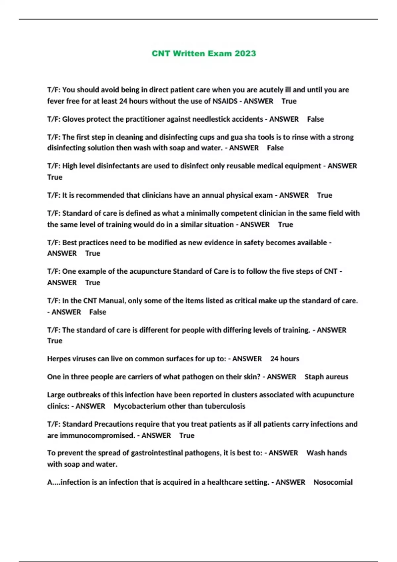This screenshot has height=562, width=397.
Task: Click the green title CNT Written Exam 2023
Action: (204, 54)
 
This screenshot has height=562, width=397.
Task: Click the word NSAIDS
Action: (225, 101)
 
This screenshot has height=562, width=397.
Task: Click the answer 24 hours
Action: (285, 359)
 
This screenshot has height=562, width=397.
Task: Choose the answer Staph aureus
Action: (326, 377)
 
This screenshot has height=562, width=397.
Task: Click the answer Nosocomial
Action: (333, 482)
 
